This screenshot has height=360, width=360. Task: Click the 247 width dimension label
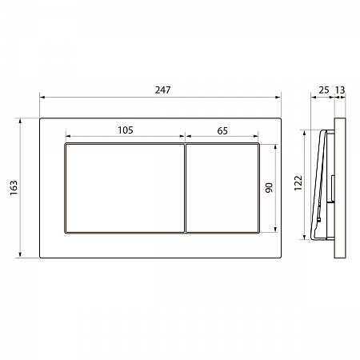(162, 90)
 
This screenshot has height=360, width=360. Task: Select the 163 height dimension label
(14, 188)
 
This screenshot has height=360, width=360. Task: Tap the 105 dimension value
(126, 130)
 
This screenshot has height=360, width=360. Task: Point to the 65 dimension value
(222, 131)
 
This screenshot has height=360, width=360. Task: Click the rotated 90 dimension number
(269, 188)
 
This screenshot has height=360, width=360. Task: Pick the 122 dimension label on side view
(298, 183)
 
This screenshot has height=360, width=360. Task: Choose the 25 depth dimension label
(324, 90)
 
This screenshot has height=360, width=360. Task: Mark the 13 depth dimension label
(340, 90)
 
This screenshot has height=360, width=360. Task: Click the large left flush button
(125, 188)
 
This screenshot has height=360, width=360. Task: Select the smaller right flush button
(222, 188)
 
